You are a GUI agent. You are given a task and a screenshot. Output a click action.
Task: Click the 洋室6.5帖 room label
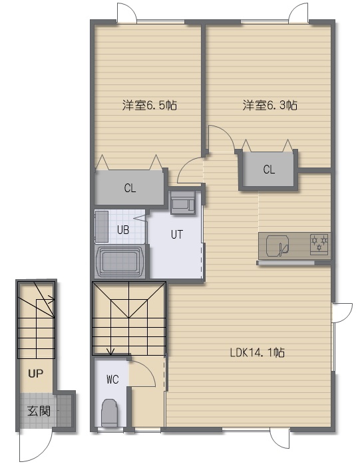[150, 105]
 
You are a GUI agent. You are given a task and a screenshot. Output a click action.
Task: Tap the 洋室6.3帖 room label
[270, 105]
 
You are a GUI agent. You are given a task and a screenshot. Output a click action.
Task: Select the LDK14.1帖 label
[258, 352]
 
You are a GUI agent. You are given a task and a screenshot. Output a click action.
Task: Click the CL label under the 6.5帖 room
[130, 188]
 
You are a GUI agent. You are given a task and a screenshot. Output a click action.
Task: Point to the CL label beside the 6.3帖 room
[269, 170]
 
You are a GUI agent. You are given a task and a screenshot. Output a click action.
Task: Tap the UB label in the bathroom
[123, 230]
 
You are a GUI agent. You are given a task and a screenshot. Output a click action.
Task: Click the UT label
[177, 235]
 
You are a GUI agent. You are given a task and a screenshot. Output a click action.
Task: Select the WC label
[112, 380]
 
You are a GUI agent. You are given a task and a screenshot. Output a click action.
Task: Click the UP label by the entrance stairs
[36, 374]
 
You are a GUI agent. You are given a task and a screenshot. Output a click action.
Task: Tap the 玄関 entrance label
[39, 411]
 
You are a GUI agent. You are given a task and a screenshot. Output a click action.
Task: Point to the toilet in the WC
[110, 412]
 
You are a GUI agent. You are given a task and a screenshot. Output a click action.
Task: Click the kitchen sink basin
[277, 245]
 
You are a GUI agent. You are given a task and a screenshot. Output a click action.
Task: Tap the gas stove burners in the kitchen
[319, 243]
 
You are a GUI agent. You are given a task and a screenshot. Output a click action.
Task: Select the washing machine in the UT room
[183, 203]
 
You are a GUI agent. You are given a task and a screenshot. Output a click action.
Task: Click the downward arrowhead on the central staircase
[111, 352]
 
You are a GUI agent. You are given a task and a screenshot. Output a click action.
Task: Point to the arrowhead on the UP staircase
[51, 299]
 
